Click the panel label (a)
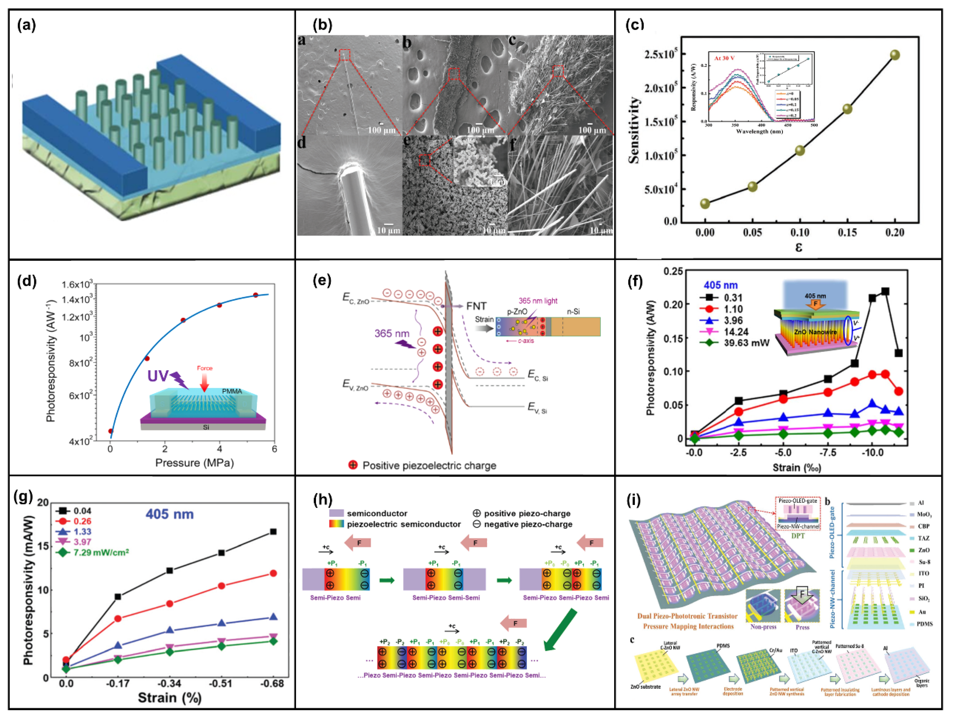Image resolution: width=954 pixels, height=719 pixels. pyautogui.click(x=26, y=26)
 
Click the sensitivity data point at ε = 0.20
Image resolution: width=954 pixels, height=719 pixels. pyautogui.click(x=895, y=55)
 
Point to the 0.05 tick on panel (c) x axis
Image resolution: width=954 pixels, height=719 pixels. pyautogui.click(x=752, y=233)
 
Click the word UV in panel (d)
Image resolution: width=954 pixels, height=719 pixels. pyautogui.click(x=158, y=376)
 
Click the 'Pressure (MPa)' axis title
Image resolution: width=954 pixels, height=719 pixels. pyautogui.click(x=194, y=463)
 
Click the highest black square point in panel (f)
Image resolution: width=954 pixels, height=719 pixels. pyautogui.click(x=885, y=292)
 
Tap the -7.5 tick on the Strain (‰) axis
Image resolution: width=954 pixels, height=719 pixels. pyautogui.click(x=827, y=453)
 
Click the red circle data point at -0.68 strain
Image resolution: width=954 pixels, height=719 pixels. pyautogui.click(x=273, y=573)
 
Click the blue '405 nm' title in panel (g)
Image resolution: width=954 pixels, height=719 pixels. pyautogui.click(x=170, y=514)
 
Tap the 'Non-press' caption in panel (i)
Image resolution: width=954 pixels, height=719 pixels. pyautogui.click(x=763, y=627)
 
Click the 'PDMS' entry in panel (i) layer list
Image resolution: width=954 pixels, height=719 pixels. pyautogui.click(x=924, y=624)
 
